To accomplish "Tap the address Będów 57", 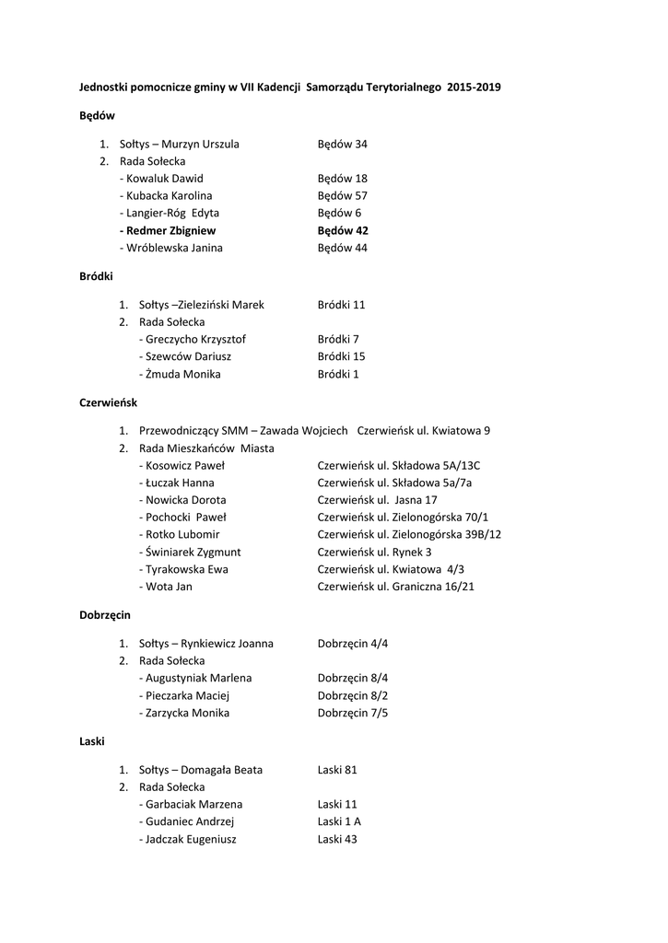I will [x=342, y=196].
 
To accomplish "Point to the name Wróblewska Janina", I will [x=172, y=249].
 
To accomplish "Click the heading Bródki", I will [x=97, y=276].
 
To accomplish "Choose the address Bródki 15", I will [x=341, y=356].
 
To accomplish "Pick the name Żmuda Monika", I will [x=182, y=374].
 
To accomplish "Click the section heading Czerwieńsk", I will [x=108, y=402].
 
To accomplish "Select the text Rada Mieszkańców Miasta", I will [x=206, y=448].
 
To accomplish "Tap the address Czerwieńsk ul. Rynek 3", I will [x=374, y=552].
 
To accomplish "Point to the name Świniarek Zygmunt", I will [x=191, y=552].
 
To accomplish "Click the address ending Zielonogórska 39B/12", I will [x=409, y=534].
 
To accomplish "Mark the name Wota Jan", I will [x=167, y=587].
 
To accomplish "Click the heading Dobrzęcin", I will [x=105, y=614].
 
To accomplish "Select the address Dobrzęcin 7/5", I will [x=352, y=713].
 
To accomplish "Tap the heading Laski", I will [x=92, y=741].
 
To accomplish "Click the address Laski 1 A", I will [x=339, y=821].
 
